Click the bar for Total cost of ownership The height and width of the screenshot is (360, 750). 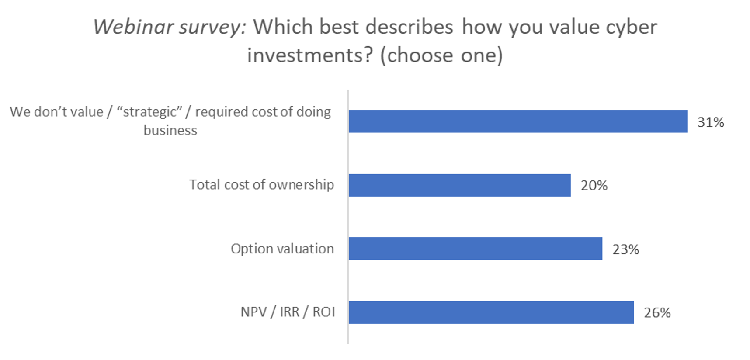pos(460,185)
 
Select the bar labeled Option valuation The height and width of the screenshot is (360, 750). pos(476,249)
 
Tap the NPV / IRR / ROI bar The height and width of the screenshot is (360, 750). pos(491,312)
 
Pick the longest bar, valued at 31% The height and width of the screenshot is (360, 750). pos(518,121)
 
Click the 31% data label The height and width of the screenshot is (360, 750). pos(711,122)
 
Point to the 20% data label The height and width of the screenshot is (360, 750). pos(594,186)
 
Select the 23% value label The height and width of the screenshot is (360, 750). pos(625,249)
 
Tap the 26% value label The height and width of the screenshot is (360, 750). pos(657,313)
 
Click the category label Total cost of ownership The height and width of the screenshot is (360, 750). pos(261,185)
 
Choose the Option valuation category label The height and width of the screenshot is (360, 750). pos(282,249)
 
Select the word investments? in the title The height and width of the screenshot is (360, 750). pos(310,55)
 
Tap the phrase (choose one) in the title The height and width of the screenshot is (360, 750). pos(441,56)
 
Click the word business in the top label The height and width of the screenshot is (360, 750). pos(170,131)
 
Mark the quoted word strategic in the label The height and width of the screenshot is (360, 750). pos(150,112)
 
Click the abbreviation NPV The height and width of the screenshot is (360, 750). pos(253,312)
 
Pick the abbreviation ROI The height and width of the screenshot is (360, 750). pos(324,312)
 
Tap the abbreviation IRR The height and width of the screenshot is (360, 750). pos(289,312)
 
